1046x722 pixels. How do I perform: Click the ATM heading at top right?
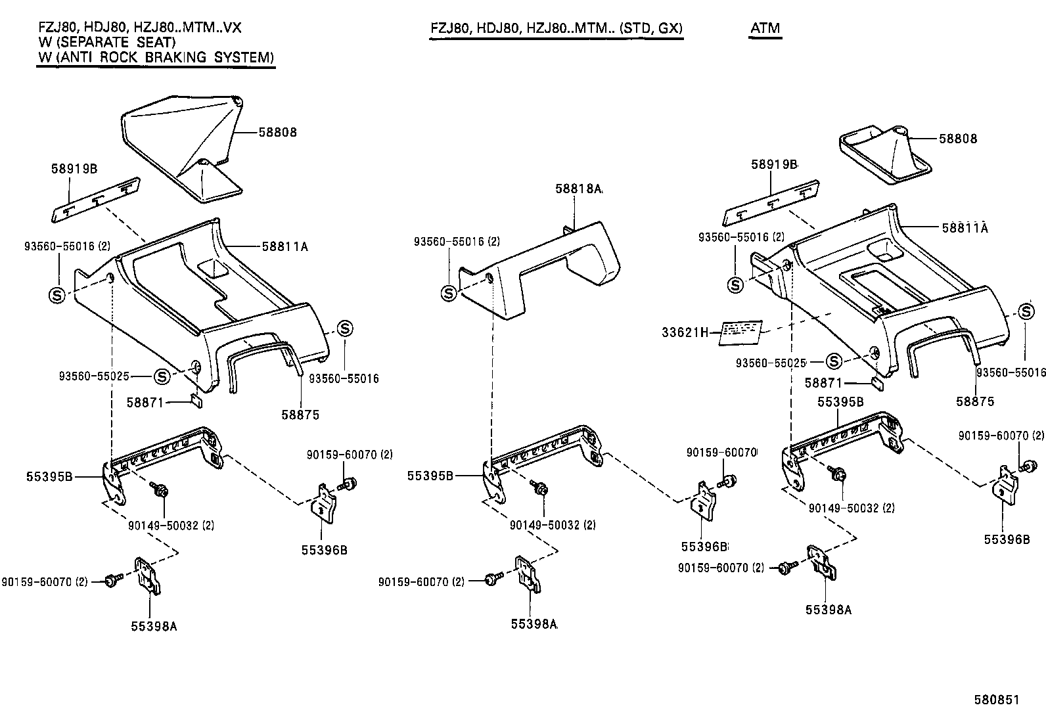(765, 28)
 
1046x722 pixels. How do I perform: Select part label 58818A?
(578, 189)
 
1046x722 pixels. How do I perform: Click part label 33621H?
(685, 332)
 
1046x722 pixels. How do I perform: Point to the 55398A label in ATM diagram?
(828, 609)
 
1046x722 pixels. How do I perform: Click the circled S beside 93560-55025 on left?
(162, 376)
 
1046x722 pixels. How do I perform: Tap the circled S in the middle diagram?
(449, 293)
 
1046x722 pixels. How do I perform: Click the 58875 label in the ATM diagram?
(975, 401)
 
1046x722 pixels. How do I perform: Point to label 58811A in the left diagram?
(284, 247)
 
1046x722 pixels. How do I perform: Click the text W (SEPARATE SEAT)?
(106, 42)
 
